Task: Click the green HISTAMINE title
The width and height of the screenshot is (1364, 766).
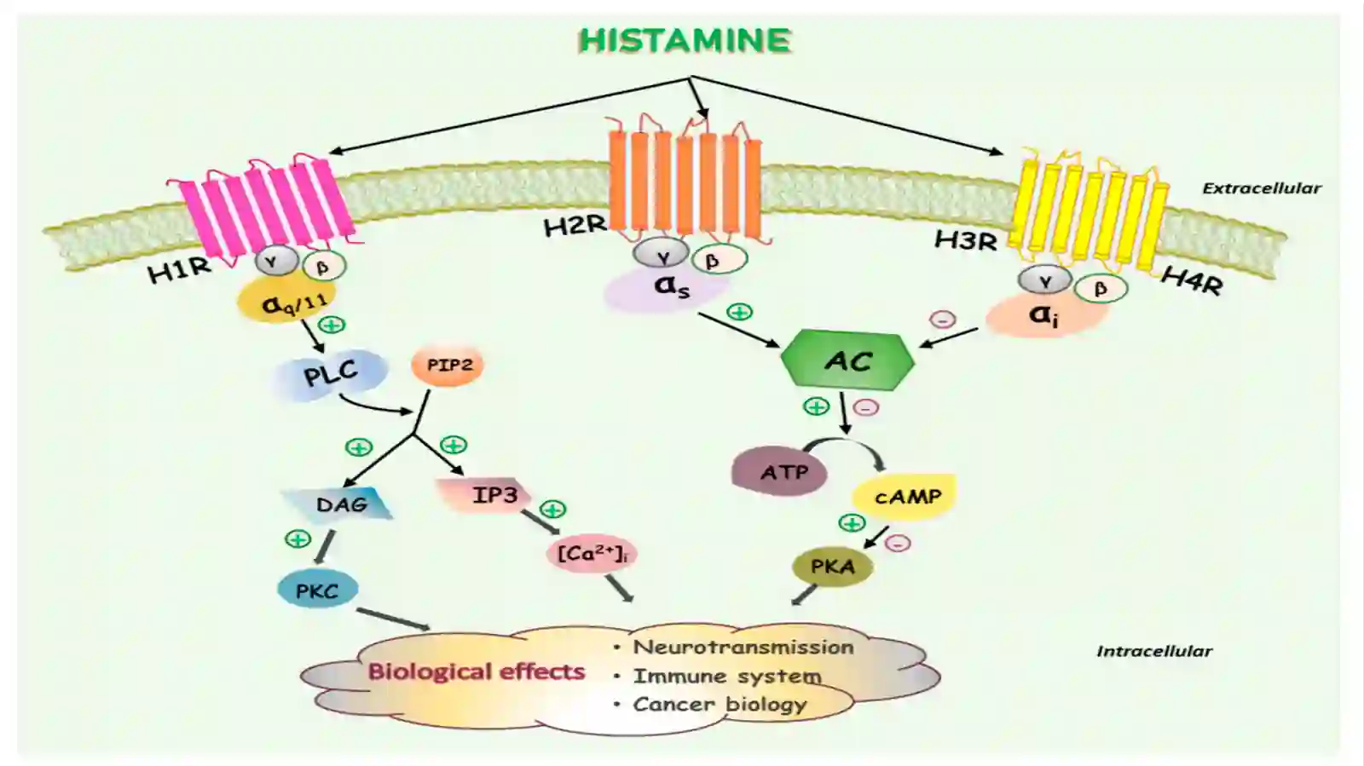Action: [685, 41]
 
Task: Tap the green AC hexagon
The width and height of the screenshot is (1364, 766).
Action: [847, 360]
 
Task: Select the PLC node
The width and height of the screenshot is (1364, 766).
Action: [331, 372]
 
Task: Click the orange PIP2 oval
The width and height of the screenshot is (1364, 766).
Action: [448, 366]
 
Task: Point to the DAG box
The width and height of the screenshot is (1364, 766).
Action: [338, 505]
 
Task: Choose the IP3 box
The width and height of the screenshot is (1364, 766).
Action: [487, 495]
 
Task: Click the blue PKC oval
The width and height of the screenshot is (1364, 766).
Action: [317, 590]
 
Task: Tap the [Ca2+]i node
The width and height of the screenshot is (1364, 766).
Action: [592, 554]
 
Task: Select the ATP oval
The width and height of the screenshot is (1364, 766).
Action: [780, 471]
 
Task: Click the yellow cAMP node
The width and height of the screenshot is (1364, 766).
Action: [905, 497]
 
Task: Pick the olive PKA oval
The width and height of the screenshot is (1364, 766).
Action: [832, 567]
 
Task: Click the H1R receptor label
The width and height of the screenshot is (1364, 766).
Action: [180, 269]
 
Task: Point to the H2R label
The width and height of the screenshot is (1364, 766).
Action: [575, 227]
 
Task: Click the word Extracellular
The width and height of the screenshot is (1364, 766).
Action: [1262, 188]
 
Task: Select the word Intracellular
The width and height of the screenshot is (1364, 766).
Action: [1154, 652]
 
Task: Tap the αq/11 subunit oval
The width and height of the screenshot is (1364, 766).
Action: [286, 301]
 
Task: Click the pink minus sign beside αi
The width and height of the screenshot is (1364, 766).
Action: [943, 320]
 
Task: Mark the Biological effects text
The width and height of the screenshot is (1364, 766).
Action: [477, 671]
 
